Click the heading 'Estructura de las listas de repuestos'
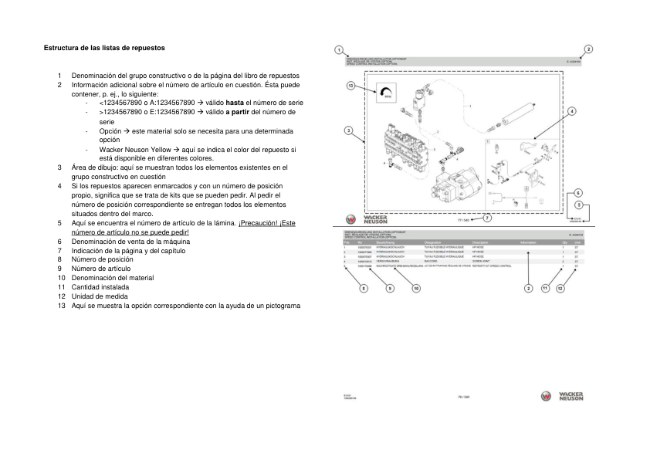104,48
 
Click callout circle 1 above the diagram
340,49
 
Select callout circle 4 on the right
572,111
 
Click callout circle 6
578,192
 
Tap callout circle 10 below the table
416,288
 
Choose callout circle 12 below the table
561,288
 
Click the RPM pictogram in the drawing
384,93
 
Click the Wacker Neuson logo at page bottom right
562,397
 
